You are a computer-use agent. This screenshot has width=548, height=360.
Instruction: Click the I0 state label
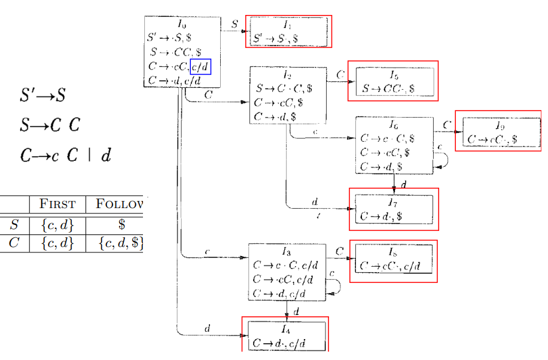pos(181,25)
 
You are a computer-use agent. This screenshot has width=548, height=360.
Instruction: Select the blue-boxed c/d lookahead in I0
pos(200,66)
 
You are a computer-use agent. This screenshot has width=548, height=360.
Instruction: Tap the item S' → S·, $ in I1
pos(275,38)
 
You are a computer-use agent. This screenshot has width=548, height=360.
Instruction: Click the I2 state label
pos(287,76)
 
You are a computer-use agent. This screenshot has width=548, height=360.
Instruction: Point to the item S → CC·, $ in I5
pos(389,89)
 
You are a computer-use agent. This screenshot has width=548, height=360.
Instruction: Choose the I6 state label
pos(394,125)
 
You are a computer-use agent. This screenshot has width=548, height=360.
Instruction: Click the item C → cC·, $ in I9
pos(492,139)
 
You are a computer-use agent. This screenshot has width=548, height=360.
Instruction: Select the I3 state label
pos(287,252)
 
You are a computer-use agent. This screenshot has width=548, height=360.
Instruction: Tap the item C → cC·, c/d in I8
pos(391,266)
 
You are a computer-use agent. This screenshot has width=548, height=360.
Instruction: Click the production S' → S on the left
pos(42,95)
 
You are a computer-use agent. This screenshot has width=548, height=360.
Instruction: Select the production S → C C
pos(49,126)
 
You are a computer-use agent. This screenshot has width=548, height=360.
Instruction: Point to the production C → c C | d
pos(65,155)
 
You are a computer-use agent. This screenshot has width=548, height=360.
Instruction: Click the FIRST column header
pos(57,205)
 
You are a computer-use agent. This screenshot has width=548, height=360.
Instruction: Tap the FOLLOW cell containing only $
pos(121,225)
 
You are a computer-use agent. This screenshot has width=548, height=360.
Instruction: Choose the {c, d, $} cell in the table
pos(121,244)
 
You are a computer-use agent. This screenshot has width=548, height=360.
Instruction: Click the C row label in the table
pos(14,244)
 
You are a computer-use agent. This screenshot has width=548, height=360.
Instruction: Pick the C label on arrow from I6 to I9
pos(447,125)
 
